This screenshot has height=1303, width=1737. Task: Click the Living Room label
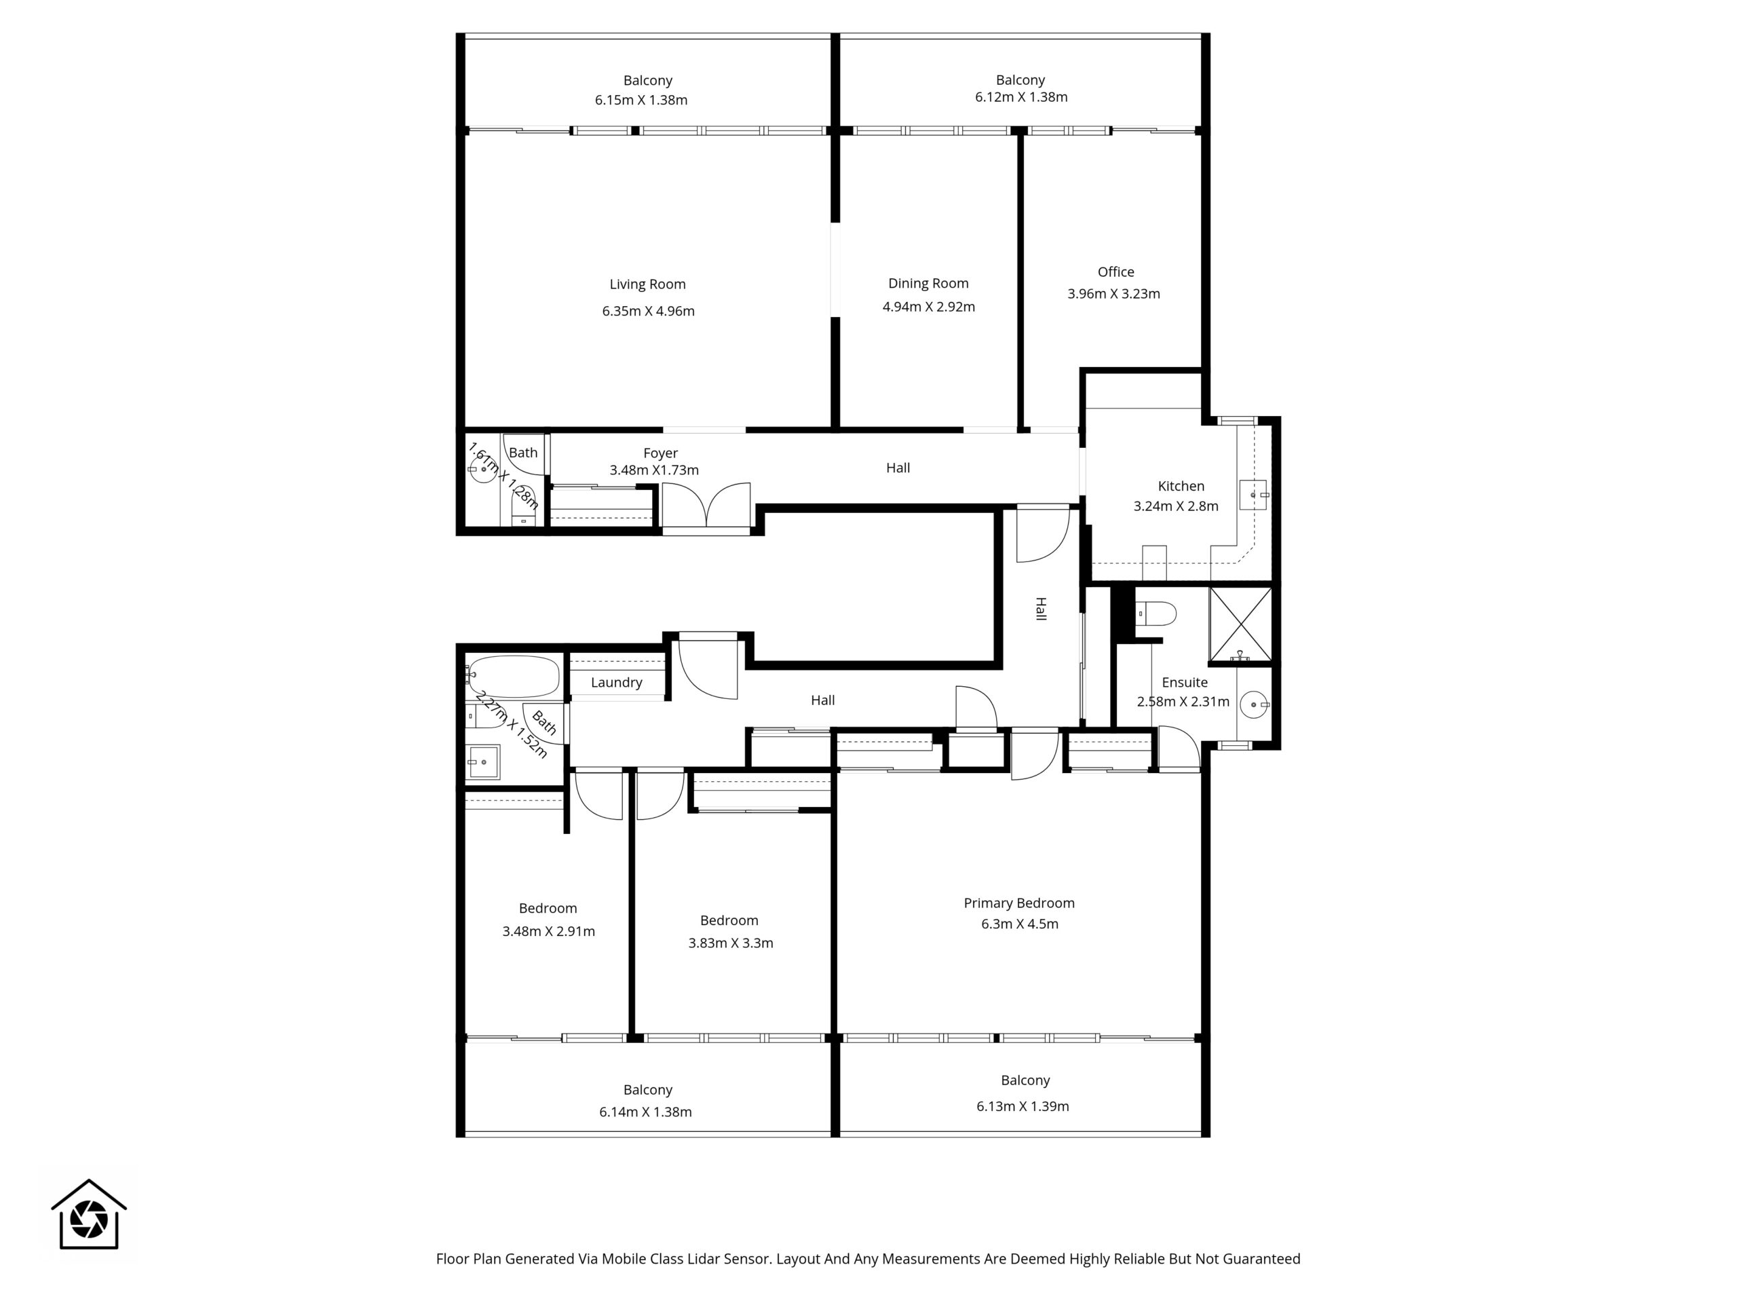pos(647,284)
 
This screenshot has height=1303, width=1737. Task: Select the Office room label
pos(1116,271)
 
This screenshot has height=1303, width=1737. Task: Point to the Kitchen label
pos(1181,486)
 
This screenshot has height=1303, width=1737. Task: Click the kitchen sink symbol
pos(1253,495)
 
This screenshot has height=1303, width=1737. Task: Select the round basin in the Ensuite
pos(1254,704)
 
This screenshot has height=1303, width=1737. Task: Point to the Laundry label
pos(616,683)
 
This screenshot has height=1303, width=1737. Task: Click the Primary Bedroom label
pos(1019,903)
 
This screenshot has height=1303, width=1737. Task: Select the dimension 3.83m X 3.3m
pos(730,943)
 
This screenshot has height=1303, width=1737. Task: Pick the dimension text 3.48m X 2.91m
pos(548,932)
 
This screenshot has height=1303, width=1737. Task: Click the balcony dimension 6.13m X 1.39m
pos(1023,1107)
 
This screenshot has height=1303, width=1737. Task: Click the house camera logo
pos(89,1214)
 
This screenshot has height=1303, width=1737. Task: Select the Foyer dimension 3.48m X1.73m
pos(654,470)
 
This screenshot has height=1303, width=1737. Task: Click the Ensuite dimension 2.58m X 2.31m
pos(1183,701)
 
